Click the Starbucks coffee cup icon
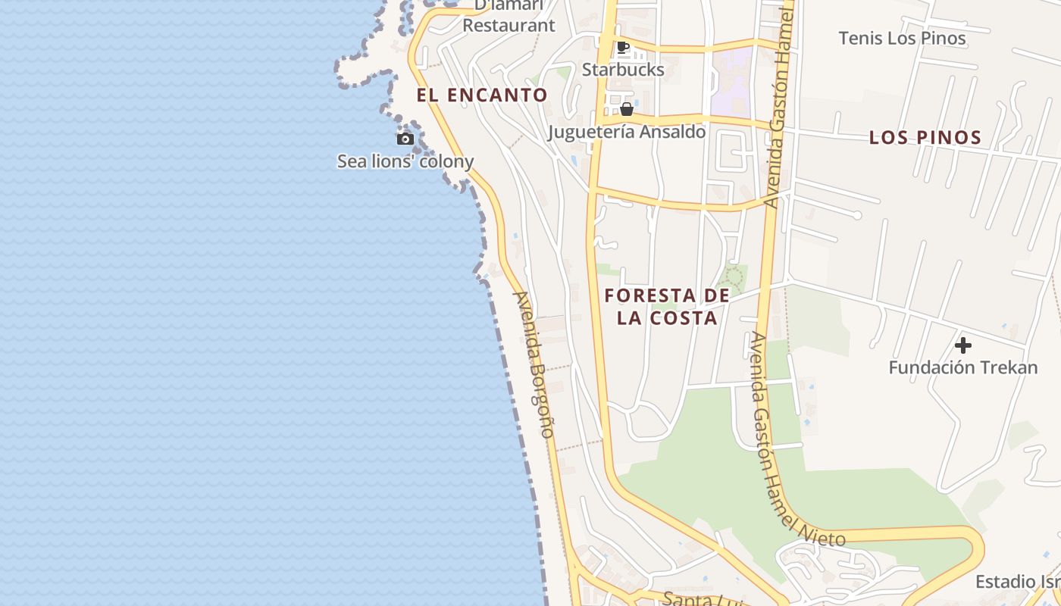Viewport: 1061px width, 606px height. click(623, 48)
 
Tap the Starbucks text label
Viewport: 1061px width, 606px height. click(623, 70)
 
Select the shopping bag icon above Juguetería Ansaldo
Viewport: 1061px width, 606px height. click(627, 109)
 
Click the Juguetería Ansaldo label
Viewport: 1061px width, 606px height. click(627, 132)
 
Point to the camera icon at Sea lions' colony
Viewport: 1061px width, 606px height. click(405, 139)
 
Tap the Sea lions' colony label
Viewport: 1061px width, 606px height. click(405, 161)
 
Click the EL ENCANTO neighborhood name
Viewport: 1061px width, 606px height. click(482, 95)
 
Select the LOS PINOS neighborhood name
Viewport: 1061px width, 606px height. click(925, 137)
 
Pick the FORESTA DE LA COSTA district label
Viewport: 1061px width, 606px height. click(667, 306)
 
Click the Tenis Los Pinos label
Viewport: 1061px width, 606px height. click(902, 38)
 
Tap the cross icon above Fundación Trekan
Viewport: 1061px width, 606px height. click(963, 345)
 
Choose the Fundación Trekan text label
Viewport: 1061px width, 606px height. click(962, 368)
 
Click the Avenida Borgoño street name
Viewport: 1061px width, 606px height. click(534, 364)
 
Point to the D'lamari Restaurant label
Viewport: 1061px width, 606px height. click(509, 17)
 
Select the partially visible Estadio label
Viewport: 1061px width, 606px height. click(1017, 582)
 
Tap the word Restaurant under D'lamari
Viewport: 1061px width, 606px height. click(509, 26)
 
